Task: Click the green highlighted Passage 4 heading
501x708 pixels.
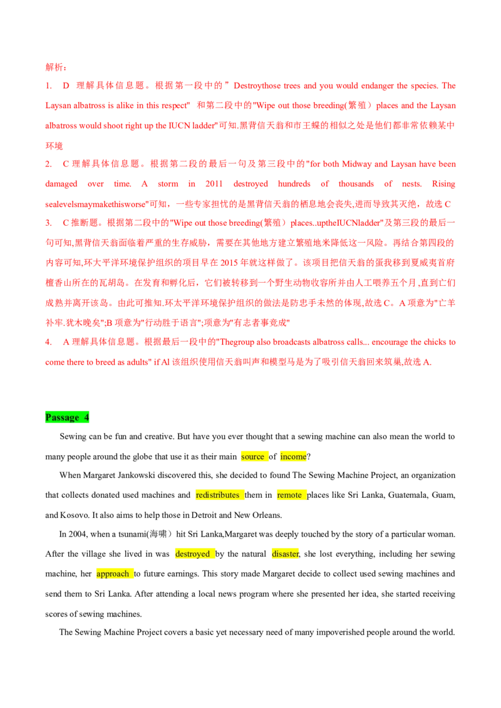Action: point(67,417)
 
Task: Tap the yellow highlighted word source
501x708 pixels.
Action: point(253,457)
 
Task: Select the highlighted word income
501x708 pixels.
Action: point(294,457)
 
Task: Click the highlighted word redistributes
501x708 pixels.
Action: point(217,495)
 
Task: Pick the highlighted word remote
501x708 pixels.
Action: point(289,495)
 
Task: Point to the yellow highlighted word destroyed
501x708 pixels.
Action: point(193,554)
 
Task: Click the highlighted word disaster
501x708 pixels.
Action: point(286,554)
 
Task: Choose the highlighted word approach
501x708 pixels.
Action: point(113,574)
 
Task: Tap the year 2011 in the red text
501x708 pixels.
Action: point(214,184)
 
